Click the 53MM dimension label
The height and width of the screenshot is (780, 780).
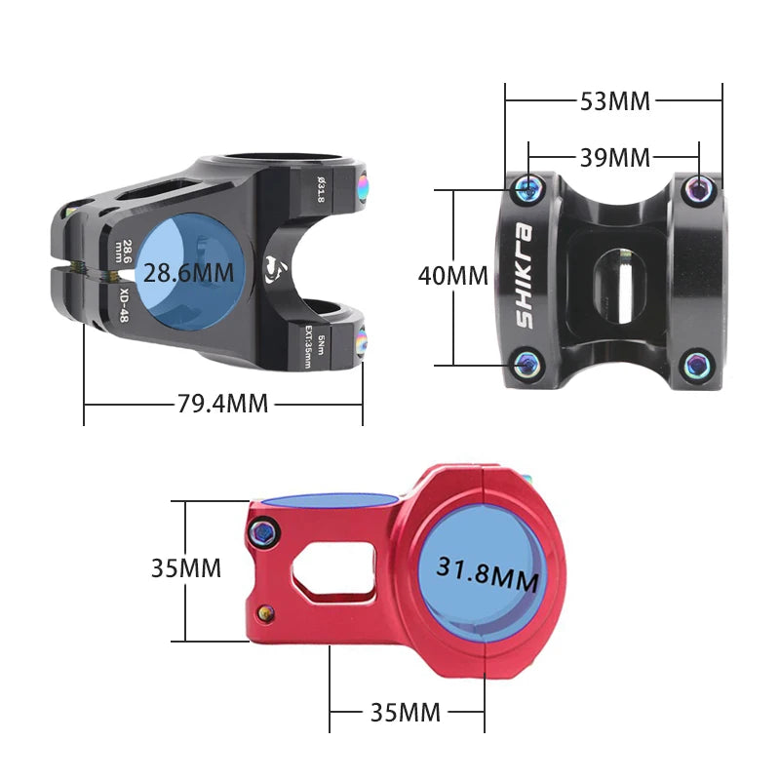tap(614, 100)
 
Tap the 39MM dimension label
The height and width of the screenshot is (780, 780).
tap(614, 156)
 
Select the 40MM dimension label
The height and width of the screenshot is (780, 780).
tap(452, 276)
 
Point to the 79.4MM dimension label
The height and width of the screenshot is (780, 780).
tap(224, 403)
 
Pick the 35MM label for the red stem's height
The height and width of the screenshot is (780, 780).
tap(185, 567)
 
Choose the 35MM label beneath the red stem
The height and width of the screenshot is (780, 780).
tap(406, 712)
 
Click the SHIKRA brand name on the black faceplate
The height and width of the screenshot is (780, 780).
tap(525, 276)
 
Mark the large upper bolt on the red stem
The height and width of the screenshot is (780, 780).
tap(263, 531)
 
